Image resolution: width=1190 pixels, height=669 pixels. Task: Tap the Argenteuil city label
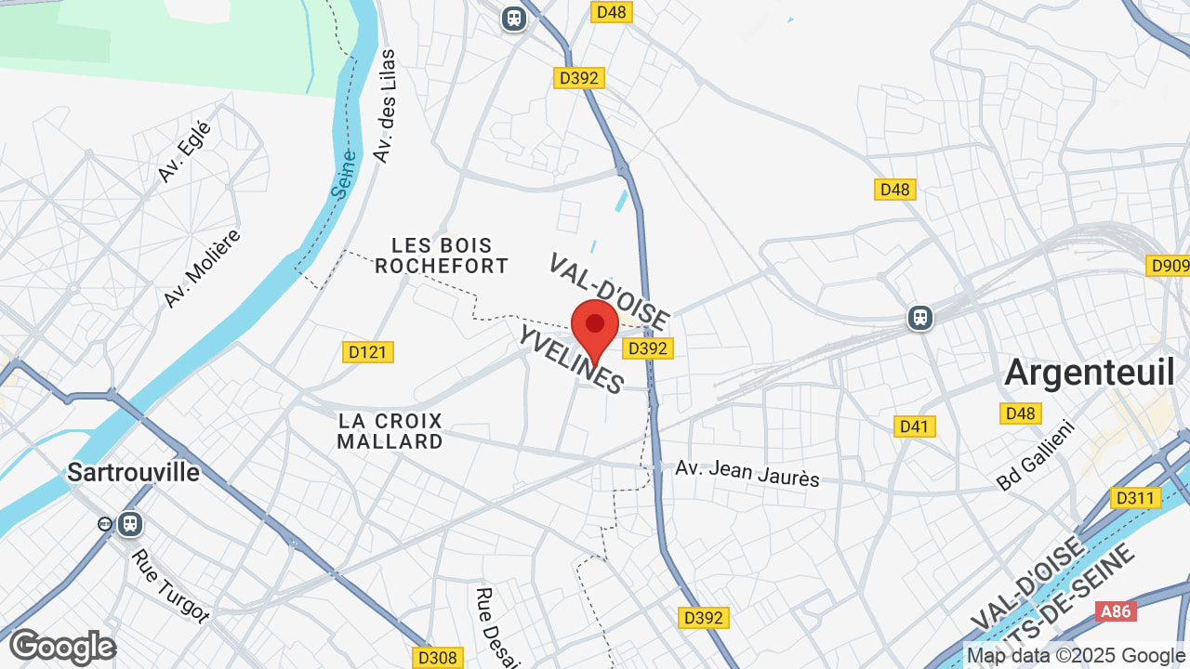click(1090, 373)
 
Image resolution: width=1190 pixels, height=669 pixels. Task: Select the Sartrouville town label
click(133, 472)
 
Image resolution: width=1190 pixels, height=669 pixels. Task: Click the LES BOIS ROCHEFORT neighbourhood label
click(442, 256)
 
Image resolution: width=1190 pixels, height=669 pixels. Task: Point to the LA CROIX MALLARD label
click(390, 431)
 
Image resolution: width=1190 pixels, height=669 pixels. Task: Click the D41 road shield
click(914, 426)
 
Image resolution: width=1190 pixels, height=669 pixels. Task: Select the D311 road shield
click(1135, 498)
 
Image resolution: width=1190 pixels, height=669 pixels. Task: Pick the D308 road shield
click(437, 658)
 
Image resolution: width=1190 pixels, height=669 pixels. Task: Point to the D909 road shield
click(1169, 267)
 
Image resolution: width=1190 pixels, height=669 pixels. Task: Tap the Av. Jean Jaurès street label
click(747, 473)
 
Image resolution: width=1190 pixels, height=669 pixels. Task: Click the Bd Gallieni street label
click(1035, 455)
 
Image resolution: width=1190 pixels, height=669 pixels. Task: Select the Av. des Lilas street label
click(384, 107)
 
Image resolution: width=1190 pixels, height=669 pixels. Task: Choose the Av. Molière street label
click(202, 268)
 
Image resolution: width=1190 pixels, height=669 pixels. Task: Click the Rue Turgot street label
click(170, 586)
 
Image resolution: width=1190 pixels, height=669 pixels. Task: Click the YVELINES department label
click(570, 361)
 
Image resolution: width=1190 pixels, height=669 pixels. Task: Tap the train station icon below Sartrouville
click(129, 524)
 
